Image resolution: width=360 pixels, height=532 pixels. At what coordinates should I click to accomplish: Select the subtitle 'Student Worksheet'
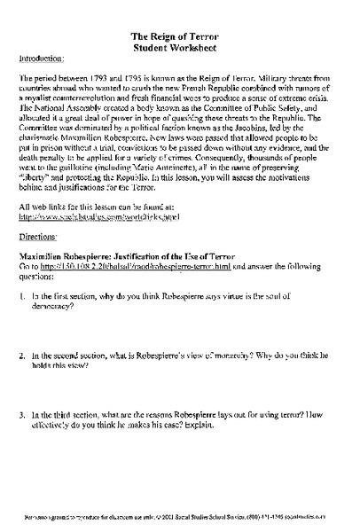[180, 44]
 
